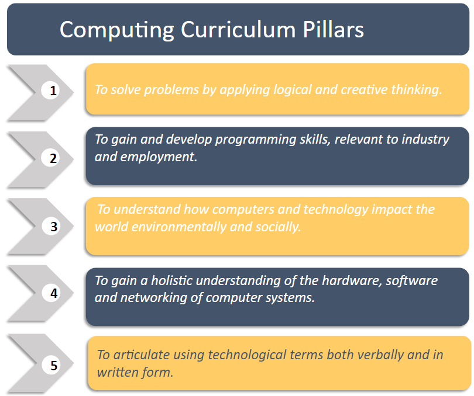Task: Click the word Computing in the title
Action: point(117,30)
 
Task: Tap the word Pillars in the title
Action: point(334,30)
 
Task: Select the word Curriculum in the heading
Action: point(238,30)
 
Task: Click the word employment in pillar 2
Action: point(159,157)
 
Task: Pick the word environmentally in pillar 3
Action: point(178,227)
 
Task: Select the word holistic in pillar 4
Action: point(171,281)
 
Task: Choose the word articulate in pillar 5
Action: point(142,355)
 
